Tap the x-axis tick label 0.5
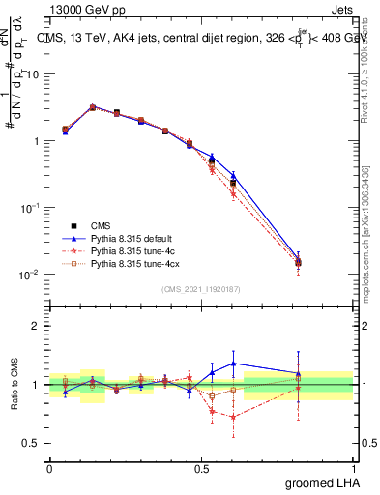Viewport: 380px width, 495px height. (x=200, y=467)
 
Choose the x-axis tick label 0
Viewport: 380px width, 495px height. (x=49, y=467)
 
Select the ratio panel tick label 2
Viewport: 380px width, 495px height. (x=37, y=326)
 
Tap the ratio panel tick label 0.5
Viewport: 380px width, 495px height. (x=33, y=444)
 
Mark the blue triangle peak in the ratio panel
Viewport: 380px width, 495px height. (x=233, y=364)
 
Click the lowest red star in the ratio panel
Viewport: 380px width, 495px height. (x=233, y=418)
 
